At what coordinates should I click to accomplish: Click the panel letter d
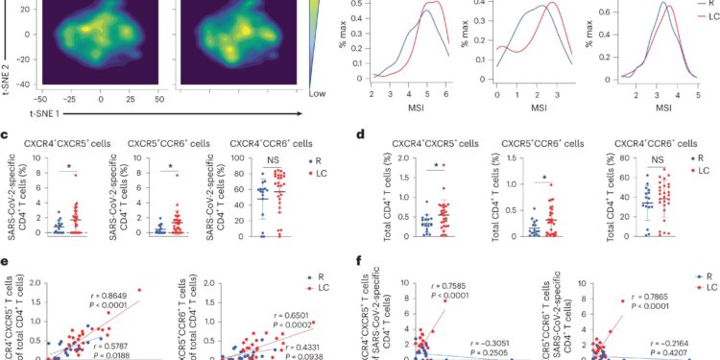tap(361, 136)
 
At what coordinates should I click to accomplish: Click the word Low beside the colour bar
tap(319, 96)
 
